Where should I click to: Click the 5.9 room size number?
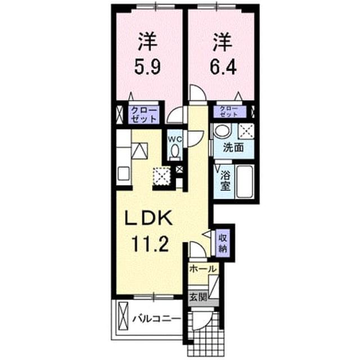click(147, 66)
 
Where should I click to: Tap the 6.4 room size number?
click(223, 66)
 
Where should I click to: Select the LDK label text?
click(148, 218)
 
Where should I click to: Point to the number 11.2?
click(150, 244)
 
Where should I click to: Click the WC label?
click(175, 139)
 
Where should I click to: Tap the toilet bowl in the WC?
click(175, 151)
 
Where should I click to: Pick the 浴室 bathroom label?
click(225, 181)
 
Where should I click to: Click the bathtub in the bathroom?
click(245, 182)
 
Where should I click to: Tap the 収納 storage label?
click(223, 243)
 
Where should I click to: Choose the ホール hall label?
click(203, 269)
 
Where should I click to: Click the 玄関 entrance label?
click(198, 298)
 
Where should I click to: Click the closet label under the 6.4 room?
click(229, 112)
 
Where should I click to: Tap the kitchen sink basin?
click(124, 174)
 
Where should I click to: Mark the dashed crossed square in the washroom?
click(246, 131)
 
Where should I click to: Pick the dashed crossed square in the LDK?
click(162, 176)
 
